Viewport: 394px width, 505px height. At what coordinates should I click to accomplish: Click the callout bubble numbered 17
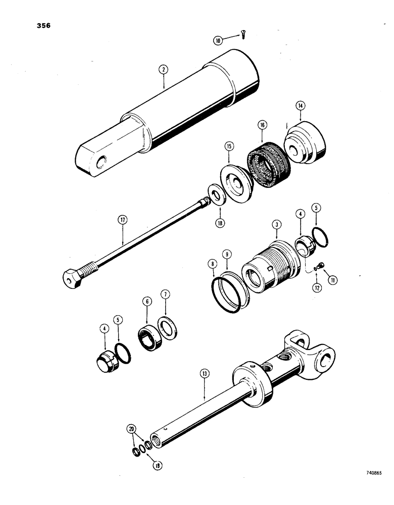[123, 220]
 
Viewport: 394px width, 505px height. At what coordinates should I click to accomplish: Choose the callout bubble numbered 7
[165, 293]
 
